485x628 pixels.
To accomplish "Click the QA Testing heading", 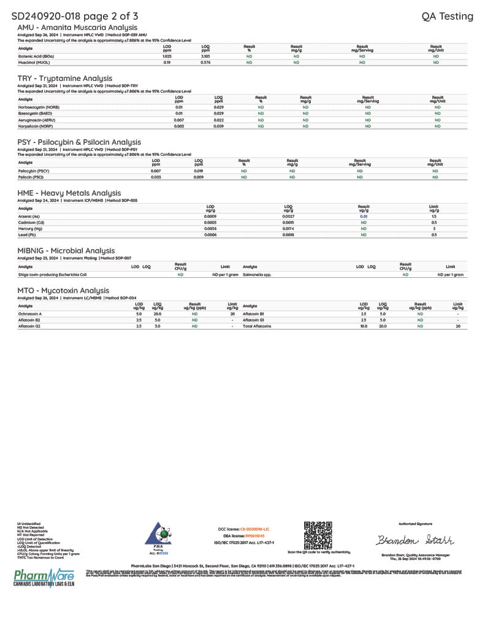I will coord(448,17).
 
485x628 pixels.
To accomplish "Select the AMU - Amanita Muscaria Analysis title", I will coord(77,28).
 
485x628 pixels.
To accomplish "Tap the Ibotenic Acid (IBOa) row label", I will coord(36,56).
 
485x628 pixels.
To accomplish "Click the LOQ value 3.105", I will coord(205,56).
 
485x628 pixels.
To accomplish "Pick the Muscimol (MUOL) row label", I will coord(34,62).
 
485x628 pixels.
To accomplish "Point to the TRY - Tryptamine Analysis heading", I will coord(65,78).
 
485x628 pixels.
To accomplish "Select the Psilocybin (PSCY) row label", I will coord(34,171).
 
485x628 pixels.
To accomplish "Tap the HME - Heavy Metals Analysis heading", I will coord(69,193).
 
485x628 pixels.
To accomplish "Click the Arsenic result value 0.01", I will coord(364,216).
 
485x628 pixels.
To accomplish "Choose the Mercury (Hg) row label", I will coord(31,228).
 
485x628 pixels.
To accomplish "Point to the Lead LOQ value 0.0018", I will coord(288,234).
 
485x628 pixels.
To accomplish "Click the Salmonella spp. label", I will coord(256,275).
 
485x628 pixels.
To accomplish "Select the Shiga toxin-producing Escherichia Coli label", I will coord(53,275).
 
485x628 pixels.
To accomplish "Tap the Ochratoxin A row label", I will coord(30,313).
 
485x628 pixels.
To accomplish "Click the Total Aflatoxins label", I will coord(257,326).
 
